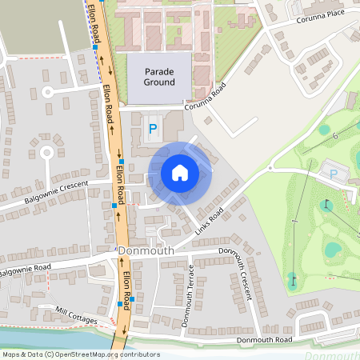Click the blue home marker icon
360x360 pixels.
(x=180, y=173)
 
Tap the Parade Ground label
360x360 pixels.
(x=159, y=77)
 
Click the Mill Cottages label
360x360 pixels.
(x=76, y=314)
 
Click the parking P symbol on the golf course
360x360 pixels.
(x=334, y=173)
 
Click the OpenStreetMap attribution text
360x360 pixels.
(x=80, y=354)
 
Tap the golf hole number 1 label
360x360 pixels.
(x=295, y=220)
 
